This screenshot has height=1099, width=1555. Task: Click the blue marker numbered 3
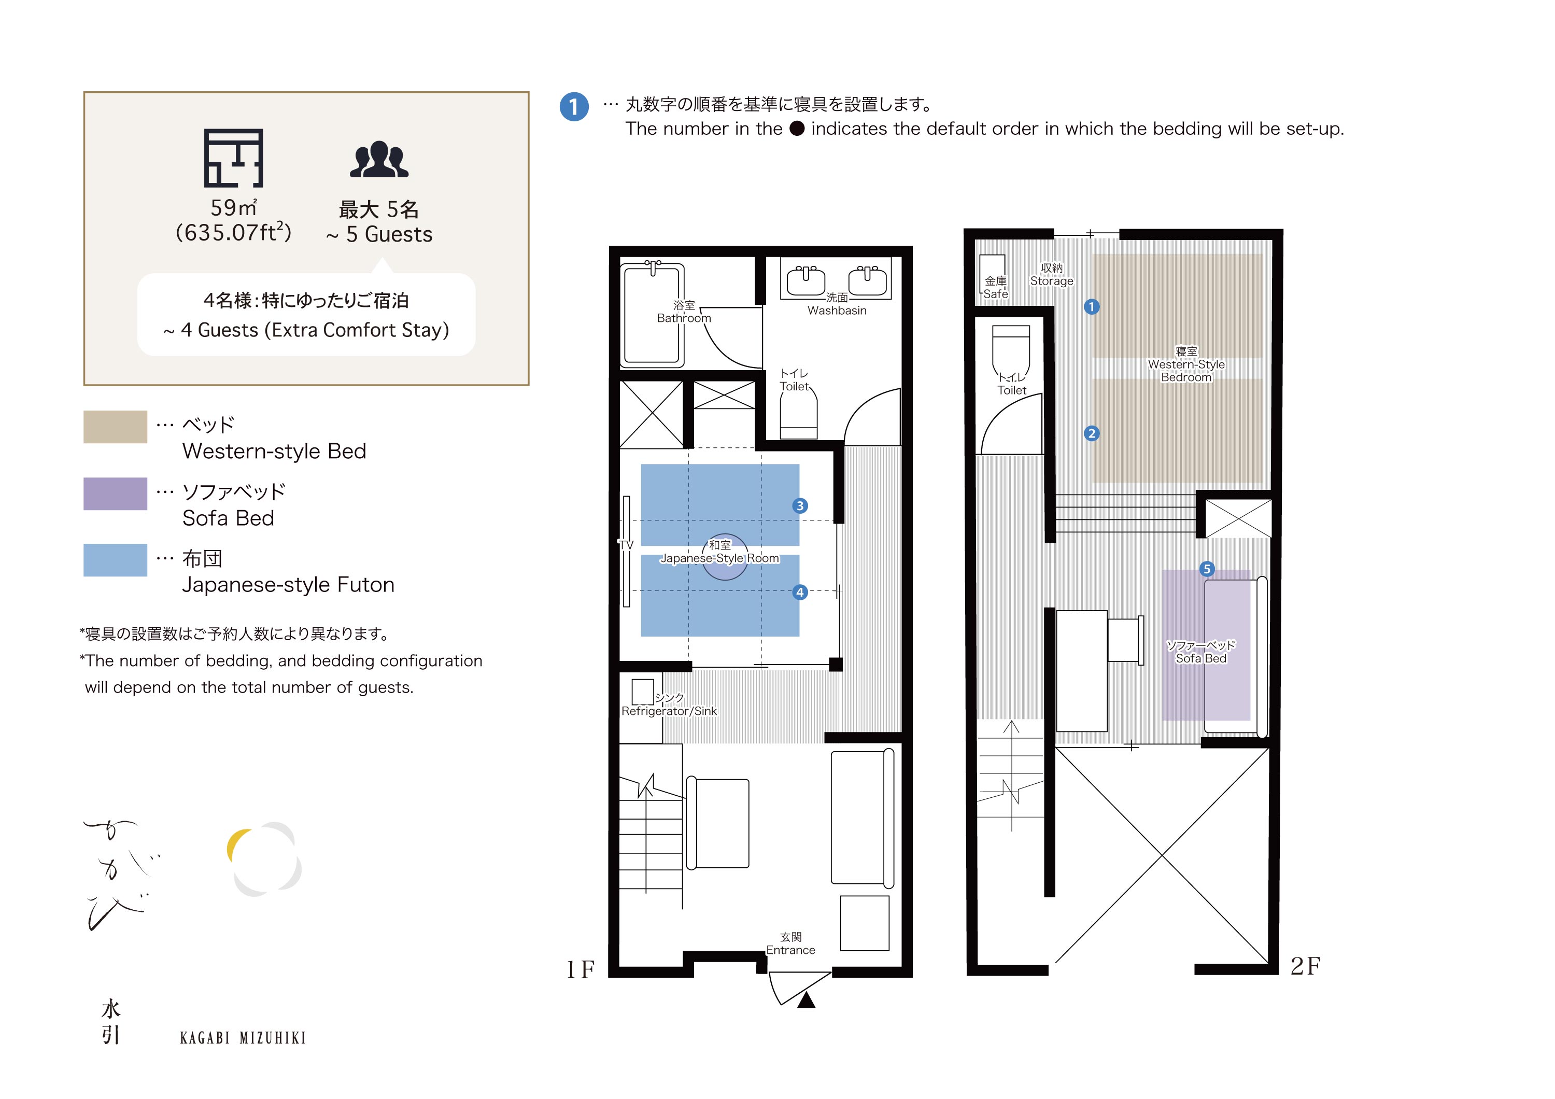[800, 506]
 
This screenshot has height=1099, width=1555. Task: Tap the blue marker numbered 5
[1207, 569]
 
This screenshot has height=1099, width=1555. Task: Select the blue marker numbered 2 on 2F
[1091, 433]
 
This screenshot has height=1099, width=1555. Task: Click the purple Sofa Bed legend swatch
[115, 494]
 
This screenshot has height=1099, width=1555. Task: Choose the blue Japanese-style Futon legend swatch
[115, 560]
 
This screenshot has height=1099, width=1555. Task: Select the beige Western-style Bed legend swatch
[115, 427]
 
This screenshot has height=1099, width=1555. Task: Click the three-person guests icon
[379, 160]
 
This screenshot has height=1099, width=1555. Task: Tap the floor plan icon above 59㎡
[234, 158]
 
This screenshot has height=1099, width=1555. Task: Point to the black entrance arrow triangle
[806, 1000]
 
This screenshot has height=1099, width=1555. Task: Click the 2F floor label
[1305, 966]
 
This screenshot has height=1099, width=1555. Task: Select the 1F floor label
[581, 970]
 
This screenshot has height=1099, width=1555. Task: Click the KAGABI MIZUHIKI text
[243, 1038]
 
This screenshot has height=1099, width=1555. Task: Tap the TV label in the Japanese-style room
[626, 544]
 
